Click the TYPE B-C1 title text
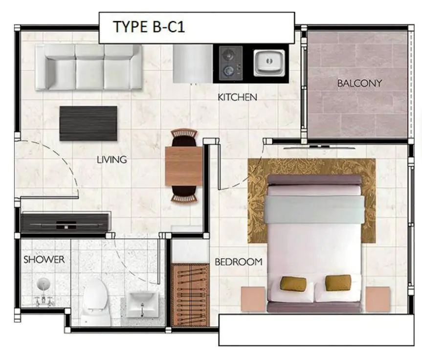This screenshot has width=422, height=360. tap(148, 27)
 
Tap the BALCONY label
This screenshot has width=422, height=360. tap(359, 83)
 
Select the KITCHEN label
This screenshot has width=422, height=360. tap(237, 97)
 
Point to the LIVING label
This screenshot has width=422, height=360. tap(111, 159)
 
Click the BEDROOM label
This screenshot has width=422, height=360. tap(238, 262)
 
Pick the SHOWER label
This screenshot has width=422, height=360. tap(44, 260)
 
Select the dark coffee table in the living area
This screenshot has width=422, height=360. tap(88, 123)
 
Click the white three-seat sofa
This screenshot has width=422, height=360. tap(89, 67)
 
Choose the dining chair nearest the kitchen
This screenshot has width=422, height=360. tap(184, 137)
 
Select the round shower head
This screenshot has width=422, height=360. tap(44, 284)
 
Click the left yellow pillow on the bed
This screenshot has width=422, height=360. tap(293, 284)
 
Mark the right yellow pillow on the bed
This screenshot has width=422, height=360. tap(338, 282)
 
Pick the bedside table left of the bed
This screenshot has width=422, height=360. tap(253, 299)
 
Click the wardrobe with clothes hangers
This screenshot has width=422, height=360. tap(190, 294)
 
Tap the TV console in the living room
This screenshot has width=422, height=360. tap(65, 223)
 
